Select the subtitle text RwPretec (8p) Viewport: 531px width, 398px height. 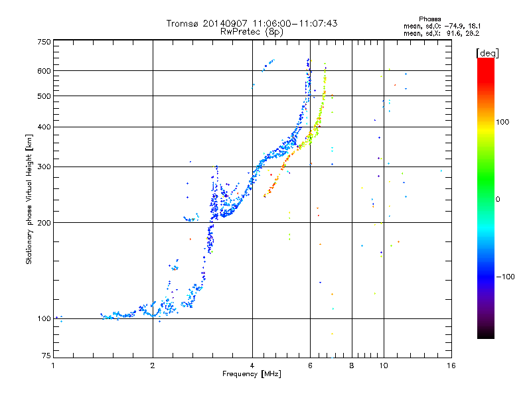pos(252,32)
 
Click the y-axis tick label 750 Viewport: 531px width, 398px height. pos(44,42)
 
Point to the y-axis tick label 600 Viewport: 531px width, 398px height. pos(44,71)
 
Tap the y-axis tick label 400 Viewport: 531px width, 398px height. pos(44,127)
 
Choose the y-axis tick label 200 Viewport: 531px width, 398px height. pos(44,222)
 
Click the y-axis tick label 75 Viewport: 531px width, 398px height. pos(46,356)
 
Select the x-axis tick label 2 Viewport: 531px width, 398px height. pos(153,365)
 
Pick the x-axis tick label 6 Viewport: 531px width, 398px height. pos(310,365)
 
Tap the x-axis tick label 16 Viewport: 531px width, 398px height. pos(451,365)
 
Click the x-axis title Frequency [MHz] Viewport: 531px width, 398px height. pos(252,374)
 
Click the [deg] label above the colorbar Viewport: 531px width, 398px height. pos(487,53)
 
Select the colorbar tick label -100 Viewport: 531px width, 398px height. pos(506,277)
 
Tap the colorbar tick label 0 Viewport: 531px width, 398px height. pos(498,199)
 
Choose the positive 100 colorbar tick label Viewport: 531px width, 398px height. pos(502,122)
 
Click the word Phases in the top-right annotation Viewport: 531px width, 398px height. pos(429,19)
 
